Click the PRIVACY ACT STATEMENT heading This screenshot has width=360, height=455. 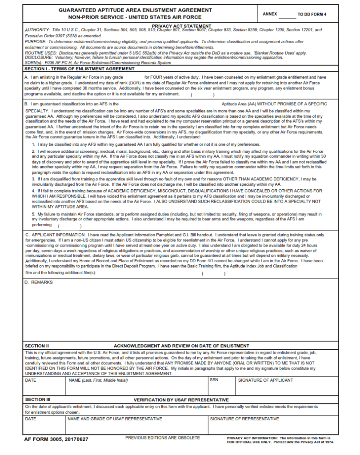(x=181, y=26)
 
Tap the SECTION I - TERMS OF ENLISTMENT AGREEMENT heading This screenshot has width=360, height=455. (x=79, y=69)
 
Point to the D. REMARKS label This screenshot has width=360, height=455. (x=39, y=282)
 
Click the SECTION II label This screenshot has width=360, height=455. (x=37, y=346)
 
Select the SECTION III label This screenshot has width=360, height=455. (x=38, y=399)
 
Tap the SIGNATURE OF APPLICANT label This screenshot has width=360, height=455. (x=265, y=380)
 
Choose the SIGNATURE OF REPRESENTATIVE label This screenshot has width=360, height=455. (x=244, y=419)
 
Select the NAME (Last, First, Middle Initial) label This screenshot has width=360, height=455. (x=98, y=380)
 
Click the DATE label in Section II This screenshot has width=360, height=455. (x=31, y=380)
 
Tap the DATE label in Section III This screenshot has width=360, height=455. (x=31, y=419)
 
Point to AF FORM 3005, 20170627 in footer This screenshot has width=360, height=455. (x=56, y=439)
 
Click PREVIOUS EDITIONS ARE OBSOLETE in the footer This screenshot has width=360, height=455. (x=162, y=438)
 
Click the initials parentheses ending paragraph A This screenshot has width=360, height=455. (x=203, y=95)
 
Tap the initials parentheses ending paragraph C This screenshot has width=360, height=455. (x=213, y=273)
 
